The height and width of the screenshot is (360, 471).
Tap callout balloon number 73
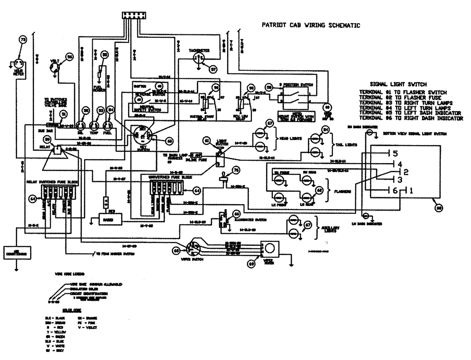click(21, 41)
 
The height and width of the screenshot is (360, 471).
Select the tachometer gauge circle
click(199, 59)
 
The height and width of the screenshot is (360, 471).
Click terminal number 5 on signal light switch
click(395, 154)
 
